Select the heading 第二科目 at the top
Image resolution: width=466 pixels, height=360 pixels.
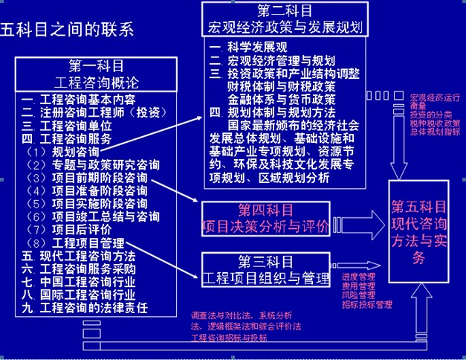pyautogui.click(x=285, y=12)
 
